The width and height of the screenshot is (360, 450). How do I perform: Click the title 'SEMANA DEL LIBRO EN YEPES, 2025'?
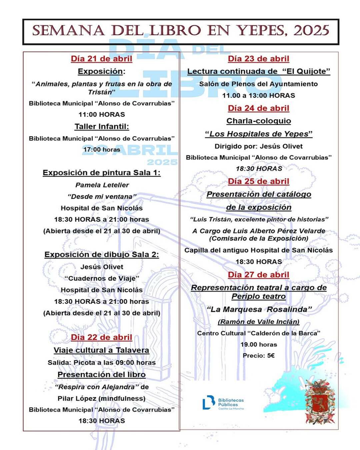[x=180, y=31]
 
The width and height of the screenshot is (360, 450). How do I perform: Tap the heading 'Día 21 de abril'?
[x=101, y=59]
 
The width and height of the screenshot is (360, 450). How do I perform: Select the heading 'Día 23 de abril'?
[x=258, y=59]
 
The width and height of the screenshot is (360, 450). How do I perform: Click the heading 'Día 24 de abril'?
[x=258, y=108]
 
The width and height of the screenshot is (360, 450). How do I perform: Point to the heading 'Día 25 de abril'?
[x=258, y=181]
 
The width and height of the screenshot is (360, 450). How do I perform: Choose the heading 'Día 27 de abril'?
[x=258, y=275]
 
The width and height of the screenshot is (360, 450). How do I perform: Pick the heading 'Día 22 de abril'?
[x=101, y=337]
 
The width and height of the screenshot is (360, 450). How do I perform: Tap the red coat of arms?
[x=320, y=402]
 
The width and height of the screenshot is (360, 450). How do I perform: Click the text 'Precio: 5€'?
[x=258, y=356]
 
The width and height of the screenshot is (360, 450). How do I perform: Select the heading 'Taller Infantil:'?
[x=101, y=127]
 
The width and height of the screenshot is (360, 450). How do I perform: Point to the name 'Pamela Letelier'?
[x=102, y=185]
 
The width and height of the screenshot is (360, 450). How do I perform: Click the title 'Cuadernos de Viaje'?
[x=102, y=278]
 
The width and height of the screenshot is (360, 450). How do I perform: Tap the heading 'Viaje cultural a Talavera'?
[x=101, y=350]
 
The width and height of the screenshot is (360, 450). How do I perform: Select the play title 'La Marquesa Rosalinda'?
[x=259, y=309]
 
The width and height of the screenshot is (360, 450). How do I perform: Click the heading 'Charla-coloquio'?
[x=258, y=121]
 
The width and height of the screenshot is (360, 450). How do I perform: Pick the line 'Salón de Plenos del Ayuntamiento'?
[x=258, y=84]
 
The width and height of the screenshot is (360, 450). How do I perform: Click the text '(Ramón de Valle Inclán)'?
[x=258, y=322]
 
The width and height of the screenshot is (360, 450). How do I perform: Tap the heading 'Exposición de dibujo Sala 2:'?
[x=101, y=255]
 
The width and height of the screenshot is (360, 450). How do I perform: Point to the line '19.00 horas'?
[x=258, y=345]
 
